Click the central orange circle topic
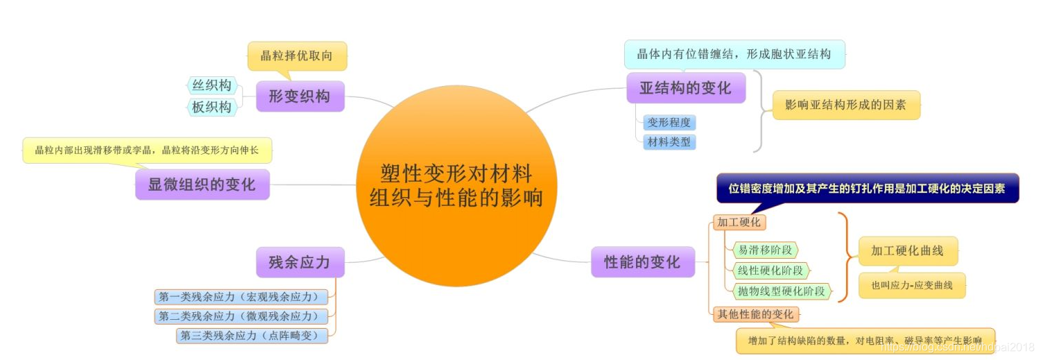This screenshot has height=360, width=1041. [456, 186]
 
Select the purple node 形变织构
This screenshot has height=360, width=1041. [300, 96]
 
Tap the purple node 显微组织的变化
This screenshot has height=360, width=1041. [202, 185]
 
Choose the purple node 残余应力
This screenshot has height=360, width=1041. [300, 262]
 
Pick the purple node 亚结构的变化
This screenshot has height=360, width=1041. [685, 88]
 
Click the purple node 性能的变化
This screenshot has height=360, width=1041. [642, 262]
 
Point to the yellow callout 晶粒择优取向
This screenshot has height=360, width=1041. [297, 56]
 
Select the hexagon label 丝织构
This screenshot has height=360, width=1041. [212, 85]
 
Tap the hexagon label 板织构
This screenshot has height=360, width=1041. [212, 107]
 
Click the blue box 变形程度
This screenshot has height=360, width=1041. [669, 123]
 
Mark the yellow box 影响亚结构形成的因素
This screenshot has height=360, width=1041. [845, 105]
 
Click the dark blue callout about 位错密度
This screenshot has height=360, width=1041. [867, 188]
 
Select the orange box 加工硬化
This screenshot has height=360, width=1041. [739, 223]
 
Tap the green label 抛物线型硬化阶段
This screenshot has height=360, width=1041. [782, 291]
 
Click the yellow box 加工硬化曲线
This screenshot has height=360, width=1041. [907, 251]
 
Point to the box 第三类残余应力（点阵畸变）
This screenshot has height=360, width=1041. [252, 336]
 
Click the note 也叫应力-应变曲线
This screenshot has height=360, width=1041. [911, 285]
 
